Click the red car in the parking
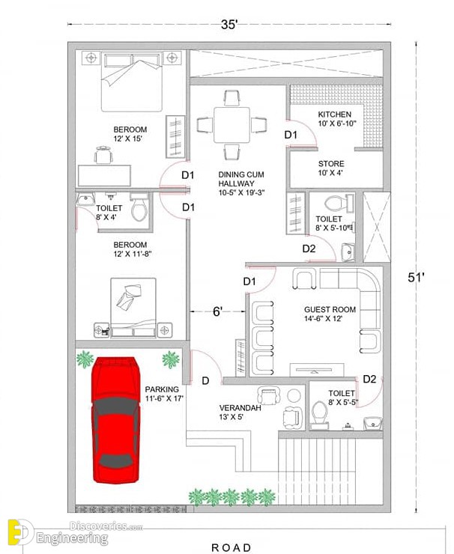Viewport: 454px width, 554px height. pyautogui.click(x=115, y=420)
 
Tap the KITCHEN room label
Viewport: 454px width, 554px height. pyautogui.click(x=334, y=115)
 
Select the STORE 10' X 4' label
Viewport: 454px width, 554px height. pyautogui.click(x=331, y=168)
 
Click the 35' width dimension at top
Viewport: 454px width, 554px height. pyautogui.click(x=229, y=25)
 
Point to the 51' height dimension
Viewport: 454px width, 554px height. pyautogui.click(x=417, y=278)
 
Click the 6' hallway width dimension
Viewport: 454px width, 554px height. pyautogui.click(x=217, y=311)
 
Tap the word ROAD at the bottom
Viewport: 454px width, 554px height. pyautogui.click(x=231, y=548)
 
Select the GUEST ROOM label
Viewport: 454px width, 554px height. pyautogui.click(x=330, y=309)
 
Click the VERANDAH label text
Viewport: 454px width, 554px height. pyautogui.click(x=240, y=408)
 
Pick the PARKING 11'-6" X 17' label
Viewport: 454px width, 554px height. pyautogui.click(x=164, y=394)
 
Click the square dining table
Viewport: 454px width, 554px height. pyautogui.click(x=231, y=125)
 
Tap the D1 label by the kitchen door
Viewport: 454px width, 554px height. pyautogui.click(x=291, y=135)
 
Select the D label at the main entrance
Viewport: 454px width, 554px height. pyautogui.click(x=205, y=381)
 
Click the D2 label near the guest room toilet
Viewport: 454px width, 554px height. pyautogui.click(x=369, y=379)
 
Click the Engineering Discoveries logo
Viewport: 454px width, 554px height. pyautogui.click(x=75, y=532)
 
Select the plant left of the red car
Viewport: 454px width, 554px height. pyautogui.click(x=85, y=359)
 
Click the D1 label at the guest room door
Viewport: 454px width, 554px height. pyautogui.click(x=249, y=281)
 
